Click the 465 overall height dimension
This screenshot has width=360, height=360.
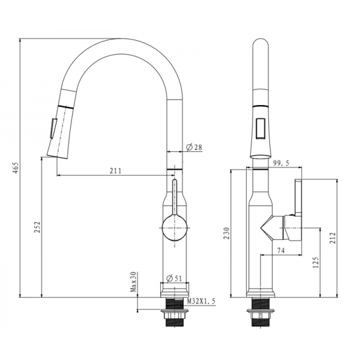[x=16, y=168]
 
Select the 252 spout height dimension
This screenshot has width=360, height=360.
[x=37, y=227]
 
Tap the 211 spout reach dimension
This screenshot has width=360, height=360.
[x=115, y=171]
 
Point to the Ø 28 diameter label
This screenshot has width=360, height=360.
[x=194, y=147]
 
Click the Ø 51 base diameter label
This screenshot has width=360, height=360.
[x=174, y=278]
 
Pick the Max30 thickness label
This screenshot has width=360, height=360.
[x=133, y=282]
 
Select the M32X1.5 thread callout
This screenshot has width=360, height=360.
[x=201, y=301]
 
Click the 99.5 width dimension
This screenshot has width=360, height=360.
[x=281, y=163]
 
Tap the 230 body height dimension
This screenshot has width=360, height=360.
[x=227, y=233]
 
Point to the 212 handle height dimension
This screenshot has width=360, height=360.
[x=333, y=238]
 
